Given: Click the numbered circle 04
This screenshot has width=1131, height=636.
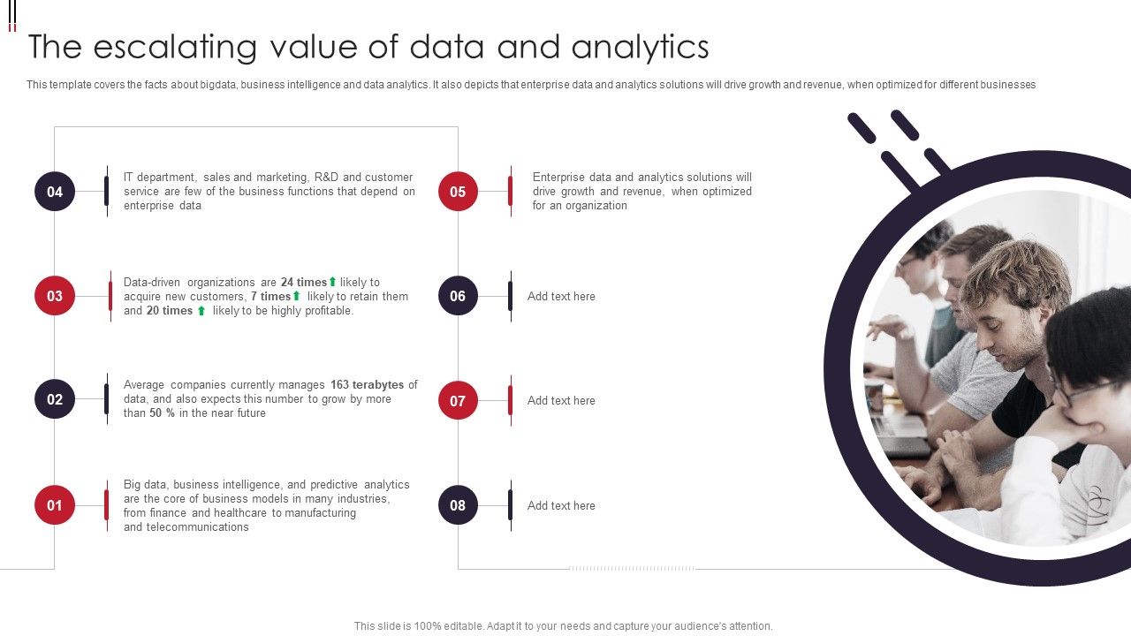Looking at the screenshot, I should pos(55,192).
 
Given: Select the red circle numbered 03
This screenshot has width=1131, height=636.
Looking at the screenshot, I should pos(55,296).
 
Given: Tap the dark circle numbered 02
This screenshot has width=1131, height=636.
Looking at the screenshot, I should pos(55,399).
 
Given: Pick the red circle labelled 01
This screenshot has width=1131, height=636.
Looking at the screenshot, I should pos(55,505).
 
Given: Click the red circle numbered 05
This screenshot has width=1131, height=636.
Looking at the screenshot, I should pos(458,192).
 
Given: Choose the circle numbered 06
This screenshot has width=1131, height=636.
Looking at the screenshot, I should pos(458,296).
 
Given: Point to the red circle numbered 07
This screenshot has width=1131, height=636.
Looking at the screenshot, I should pos(458,401).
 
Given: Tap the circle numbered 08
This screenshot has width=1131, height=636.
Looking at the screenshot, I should pos(458,505).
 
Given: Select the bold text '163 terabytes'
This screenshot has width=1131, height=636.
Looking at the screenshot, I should pos(367,385).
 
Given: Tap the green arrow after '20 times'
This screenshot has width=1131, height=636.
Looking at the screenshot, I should pos(201,311).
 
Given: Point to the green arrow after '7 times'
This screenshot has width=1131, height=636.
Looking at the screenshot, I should pos(297,297).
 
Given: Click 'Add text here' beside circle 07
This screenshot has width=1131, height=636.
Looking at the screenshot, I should pos(561,401).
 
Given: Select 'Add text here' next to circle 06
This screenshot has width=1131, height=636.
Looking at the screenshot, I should pos(561,297).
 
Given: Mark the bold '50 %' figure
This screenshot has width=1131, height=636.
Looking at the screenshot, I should pos(163,413).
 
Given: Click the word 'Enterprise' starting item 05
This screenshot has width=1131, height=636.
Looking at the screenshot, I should pos(558,178).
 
